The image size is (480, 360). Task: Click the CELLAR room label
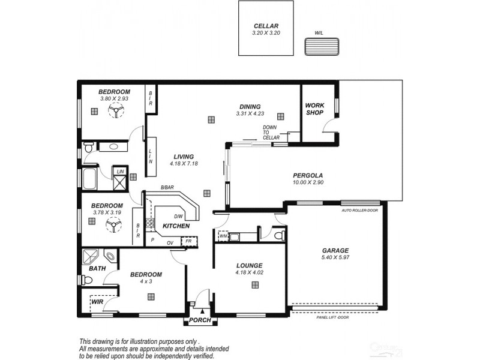tap(266, 26)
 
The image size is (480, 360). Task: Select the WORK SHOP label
tap(314, 109)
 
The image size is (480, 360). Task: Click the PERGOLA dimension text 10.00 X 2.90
tap(308, 182)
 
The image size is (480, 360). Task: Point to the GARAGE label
tap(335, 251)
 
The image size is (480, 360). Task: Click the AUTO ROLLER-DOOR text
tap(360, 211)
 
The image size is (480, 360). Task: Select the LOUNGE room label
tap(250, 265)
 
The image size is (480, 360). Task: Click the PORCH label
tap(200, 320)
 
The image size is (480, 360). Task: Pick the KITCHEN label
tap(176, 226)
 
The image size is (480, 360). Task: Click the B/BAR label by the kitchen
tap(167, 188)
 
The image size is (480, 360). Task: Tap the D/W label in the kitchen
tap(178, 217)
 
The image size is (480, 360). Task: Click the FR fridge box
tap(188, 241)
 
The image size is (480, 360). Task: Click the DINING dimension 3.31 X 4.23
tap(250, 113)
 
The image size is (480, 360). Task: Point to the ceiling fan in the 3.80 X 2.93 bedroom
tap(114, 111)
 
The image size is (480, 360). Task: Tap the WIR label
tap(98, 303)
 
